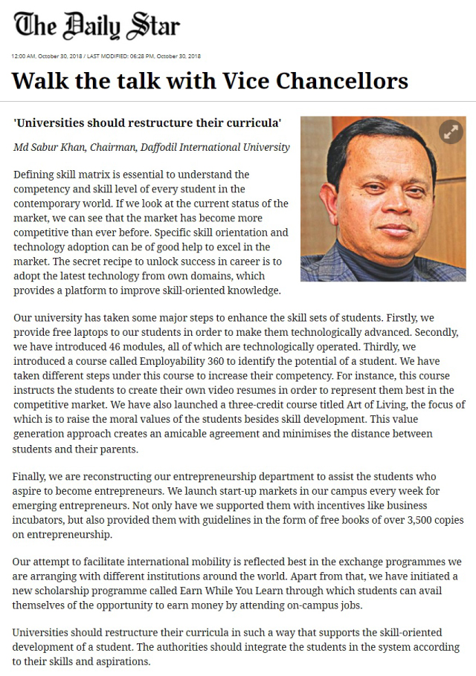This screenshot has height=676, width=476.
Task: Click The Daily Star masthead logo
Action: (x=97, y=26)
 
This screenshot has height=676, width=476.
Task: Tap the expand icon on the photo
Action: (x=450, y=132)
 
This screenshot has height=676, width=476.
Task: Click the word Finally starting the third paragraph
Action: (x=31, y=476)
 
